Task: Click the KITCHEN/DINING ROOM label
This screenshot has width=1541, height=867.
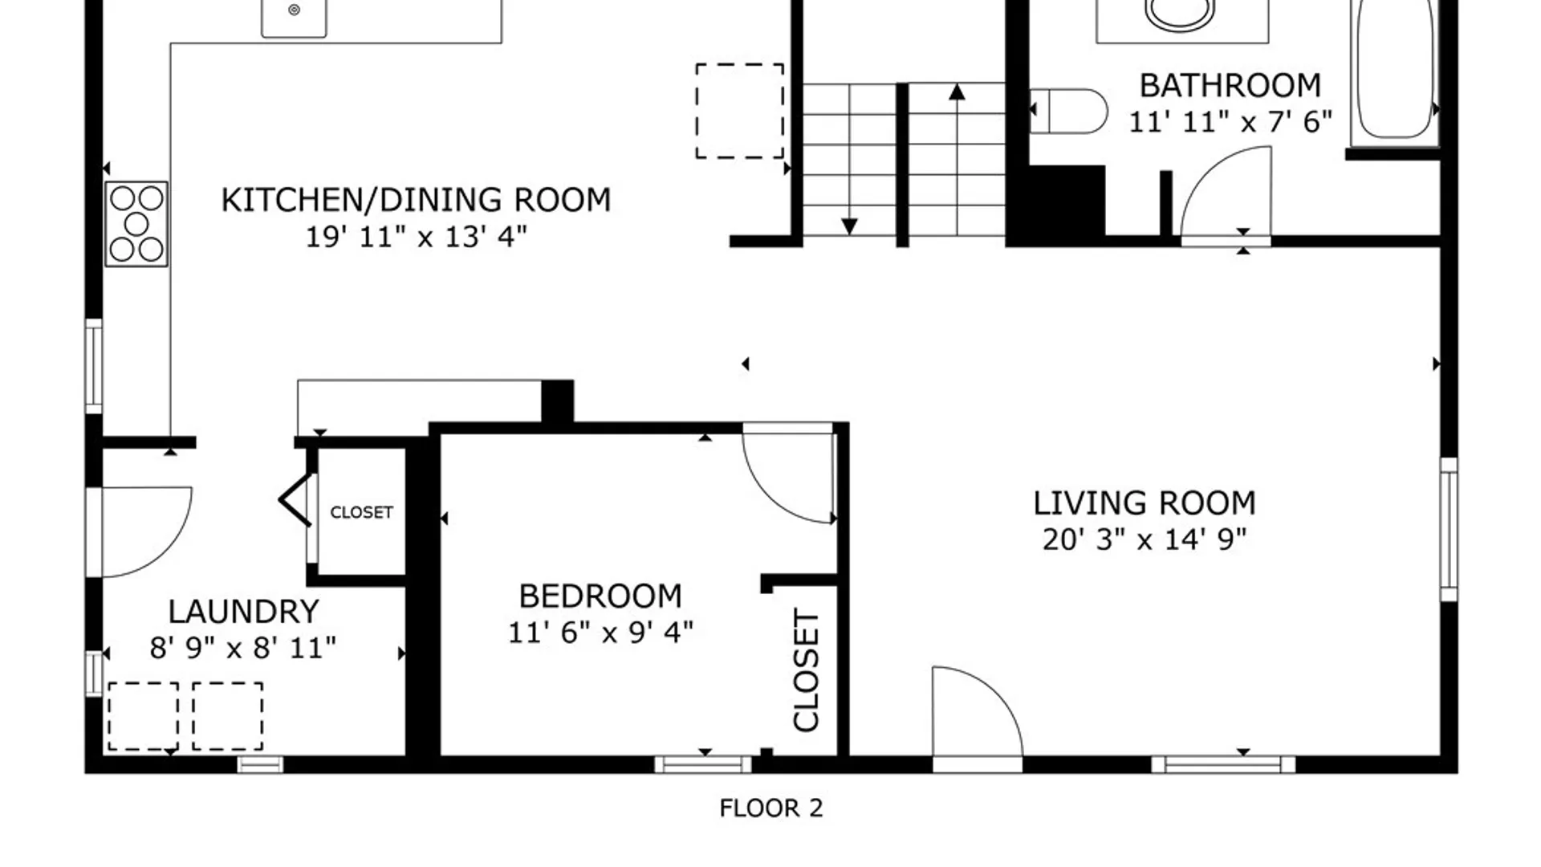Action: click(416, 200)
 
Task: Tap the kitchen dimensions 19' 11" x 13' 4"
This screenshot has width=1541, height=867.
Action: click(416, 237)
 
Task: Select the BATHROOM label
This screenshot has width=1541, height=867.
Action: click(1230, 85)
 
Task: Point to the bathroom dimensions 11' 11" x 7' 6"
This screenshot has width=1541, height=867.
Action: click(1230, 122)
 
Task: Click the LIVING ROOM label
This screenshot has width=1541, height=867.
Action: click(1144, 503)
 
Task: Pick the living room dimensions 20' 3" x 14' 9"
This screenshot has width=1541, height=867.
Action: click(1144, 539)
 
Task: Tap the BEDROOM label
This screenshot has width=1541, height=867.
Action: click(600, 596)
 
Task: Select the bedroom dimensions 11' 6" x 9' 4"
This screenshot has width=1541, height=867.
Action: click(600, 633)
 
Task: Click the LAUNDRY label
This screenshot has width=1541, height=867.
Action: click(243, 612)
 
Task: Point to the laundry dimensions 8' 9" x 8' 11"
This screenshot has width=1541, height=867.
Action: click(243, 648)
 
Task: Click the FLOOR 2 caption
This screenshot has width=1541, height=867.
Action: click(771, 808)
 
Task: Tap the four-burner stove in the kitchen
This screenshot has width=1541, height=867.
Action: click(136, 224)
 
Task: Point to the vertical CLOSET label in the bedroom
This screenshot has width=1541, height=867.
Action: click(806, 670)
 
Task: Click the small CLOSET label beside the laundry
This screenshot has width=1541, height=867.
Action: click(361, 512)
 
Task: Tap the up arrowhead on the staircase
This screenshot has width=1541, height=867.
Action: click(956, 92)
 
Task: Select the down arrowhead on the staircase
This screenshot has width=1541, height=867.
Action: click(849, 227)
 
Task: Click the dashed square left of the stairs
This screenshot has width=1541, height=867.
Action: click(739, 111)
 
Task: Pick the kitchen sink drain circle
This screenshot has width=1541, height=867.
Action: click(294, 10)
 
